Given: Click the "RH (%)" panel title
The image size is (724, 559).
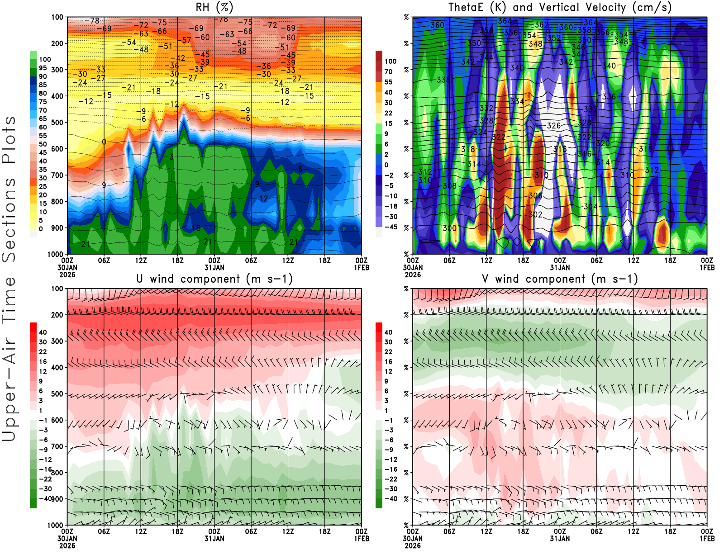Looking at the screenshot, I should point(214,7).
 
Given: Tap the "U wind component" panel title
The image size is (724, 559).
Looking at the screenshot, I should point(214,279).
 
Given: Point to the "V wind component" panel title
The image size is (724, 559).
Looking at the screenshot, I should point(560,279).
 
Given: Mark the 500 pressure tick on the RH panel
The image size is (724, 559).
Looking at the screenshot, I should point(57,123).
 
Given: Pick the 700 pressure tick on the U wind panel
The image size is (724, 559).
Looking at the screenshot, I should point(57,446).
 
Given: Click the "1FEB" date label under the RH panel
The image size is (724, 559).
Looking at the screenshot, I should point(362,268).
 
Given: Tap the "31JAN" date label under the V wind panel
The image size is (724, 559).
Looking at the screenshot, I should point(560,539).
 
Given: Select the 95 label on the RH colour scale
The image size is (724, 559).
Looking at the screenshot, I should point(43,68).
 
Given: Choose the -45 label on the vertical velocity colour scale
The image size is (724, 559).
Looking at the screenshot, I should point(391,227).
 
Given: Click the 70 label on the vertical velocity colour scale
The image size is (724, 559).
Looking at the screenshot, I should point(388,71).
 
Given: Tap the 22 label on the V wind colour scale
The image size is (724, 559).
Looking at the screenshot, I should point(388,352).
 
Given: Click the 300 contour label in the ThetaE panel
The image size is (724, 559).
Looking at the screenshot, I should point(449,228).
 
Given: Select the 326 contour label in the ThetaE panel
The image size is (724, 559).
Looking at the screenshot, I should point(554,126).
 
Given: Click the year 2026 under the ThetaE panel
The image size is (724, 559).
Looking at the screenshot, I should point(413,275).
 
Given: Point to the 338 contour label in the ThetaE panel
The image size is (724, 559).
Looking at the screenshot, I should point(443,80).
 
